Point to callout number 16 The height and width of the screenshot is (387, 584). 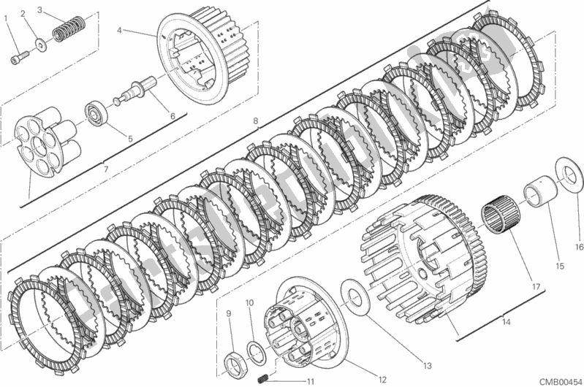577,247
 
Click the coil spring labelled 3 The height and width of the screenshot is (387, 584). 68,33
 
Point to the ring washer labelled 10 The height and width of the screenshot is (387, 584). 254,350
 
